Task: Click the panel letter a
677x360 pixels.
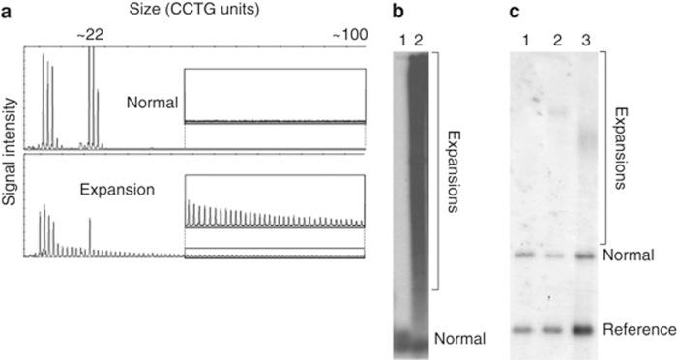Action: point(7,13)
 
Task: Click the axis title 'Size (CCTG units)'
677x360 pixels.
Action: point(192,12)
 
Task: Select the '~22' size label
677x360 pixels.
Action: point(90,35)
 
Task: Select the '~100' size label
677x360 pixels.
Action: point(350,35)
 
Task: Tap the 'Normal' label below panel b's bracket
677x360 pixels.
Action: point(459,338)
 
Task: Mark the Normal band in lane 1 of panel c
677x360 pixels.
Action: point(525,255)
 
